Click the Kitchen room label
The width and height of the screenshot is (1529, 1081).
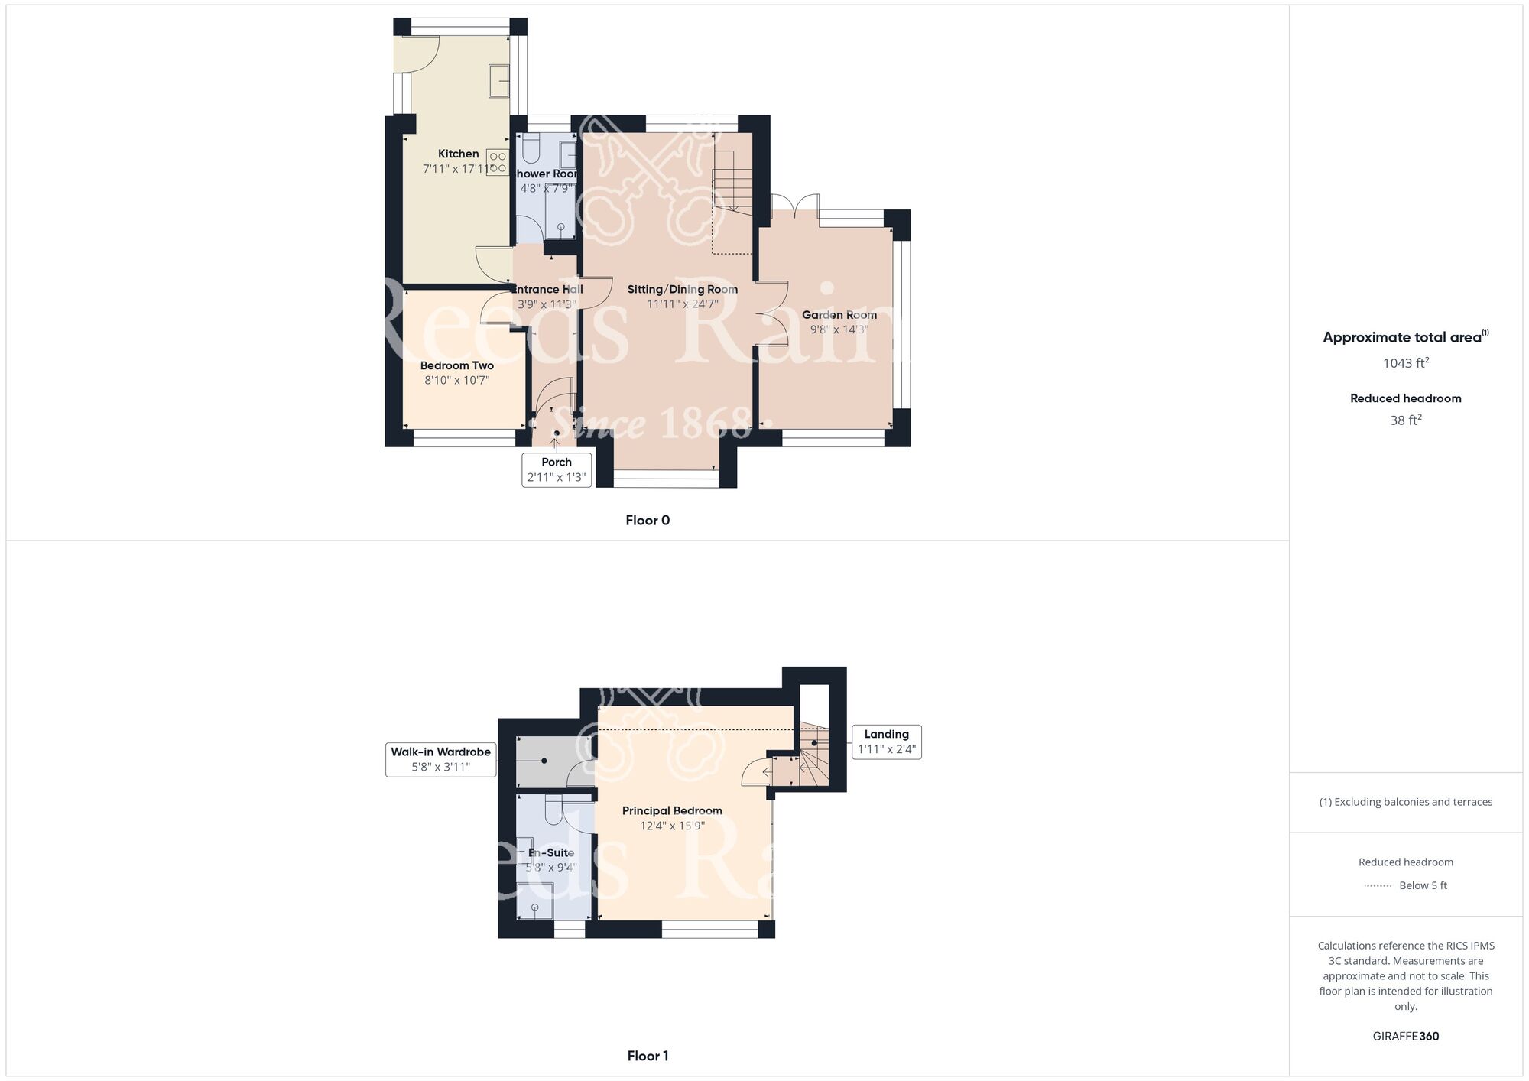pyautogui.click(x=458, y=154)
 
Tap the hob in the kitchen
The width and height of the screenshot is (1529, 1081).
pyautogui.click(x=498, y=162)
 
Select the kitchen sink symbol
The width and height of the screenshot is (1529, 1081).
pyautogui.click(x=500, y=80)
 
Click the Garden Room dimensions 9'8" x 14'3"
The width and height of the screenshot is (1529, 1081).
pyautogui.click(x=839, y=329)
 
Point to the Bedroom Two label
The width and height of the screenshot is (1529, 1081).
pyautogui.click(x=456, y=365)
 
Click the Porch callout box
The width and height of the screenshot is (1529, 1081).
pyautogui.click(x=557, y=469)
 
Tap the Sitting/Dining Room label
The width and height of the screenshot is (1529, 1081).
pyautogui.click(x=682, y=289)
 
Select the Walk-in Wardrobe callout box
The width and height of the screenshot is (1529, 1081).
pyautogui.click(x=440, y=759)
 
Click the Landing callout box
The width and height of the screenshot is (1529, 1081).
pyautogui.click(x=886, y=742)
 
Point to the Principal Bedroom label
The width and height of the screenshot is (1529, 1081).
pyautogui.click(x=671, y=810)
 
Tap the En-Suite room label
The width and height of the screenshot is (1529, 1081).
pyautogui.click(x=551, y=852)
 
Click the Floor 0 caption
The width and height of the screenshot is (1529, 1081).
pyautogui.click(x=648, y=520)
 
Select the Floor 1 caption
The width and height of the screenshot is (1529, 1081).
pyautogui.click(x=648, y=1056)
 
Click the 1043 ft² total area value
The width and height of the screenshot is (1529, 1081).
pyautogui.click(x=1405, y=363)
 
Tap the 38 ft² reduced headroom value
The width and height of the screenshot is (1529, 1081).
pyautogui.click(x=1405, y=420)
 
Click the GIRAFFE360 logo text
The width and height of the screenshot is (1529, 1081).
pyautogui.click(x=1405, y=1037)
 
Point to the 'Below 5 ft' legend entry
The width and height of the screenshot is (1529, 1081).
pyautogui.click(x=1422, y=885)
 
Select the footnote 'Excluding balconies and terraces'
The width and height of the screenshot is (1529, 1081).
pyautogui.click(x=1405, y=802)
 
